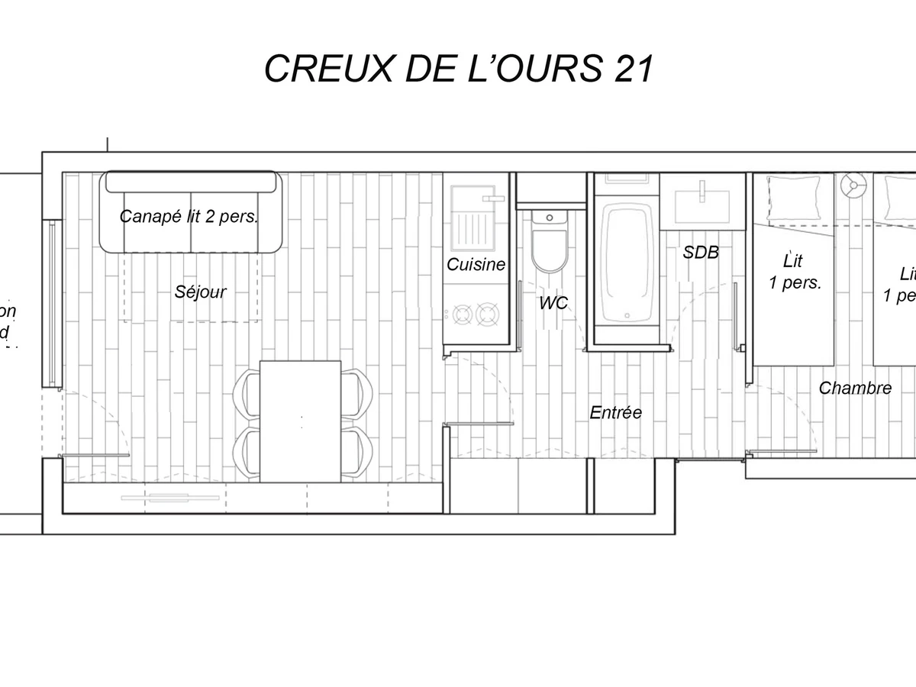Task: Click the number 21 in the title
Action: tap(632, 69)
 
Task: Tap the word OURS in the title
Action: tap(556, 69)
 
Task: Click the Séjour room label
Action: tap(201, 292)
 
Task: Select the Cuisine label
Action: tap(476, 265)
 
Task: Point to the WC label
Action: tap(553, 303)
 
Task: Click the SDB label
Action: tap(701, 252)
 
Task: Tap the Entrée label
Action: tap(615, 412)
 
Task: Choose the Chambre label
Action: tap(855, 388)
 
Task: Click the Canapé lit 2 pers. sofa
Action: tap(191, 214)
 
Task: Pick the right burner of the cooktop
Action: tap(487, 313)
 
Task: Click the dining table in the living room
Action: tap(300, 420)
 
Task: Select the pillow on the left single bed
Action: tap(793, 196)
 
